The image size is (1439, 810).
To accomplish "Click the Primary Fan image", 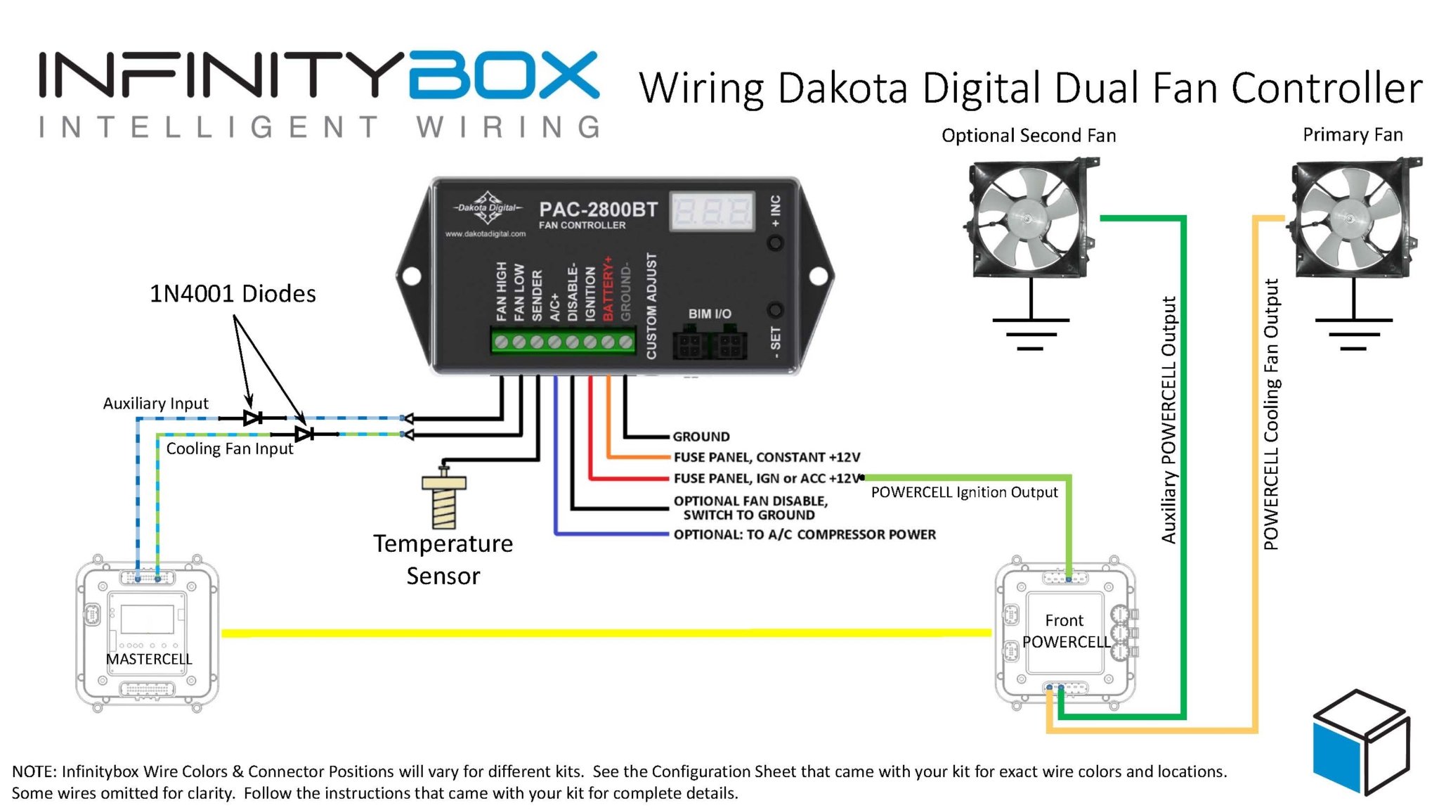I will pos(1353,218).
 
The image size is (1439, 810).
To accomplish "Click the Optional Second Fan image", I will pos(1029,218).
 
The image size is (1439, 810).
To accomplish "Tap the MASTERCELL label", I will pos(148,659).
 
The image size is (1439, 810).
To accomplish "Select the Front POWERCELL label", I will pos(1065,631).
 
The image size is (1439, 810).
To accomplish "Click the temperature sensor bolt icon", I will pos(443,501).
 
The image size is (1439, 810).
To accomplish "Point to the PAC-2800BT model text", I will pos(598,210).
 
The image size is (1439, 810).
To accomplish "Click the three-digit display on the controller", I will pos(712,211).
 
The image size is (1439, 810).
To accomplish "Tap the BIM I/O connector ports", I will pos(710,345).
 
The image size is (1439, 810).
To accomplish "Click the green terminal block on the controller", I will pos(562,342).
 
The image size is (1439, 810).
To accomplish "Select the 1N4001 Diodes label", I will pos(233,294).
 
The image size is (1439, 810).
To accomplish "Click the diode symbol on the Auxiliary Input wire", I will pos(253,418).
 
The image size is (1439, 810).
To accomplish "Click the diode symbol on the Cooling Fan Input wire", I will pos(304,434).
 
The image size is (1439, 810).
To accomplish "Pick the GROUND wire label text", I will pos(701,437).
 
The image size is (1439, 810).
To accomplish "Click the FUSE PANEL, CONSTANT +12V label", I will pos(766,458).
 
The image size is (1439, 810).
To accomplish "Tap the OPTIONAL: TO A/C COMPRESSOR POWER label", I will pos(804,534).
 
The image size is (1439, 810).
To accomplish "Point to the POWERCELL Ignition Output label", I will pos(964,492).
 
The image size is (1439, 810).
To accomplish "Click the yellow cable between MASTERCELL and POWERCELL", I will pos(604,633).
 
